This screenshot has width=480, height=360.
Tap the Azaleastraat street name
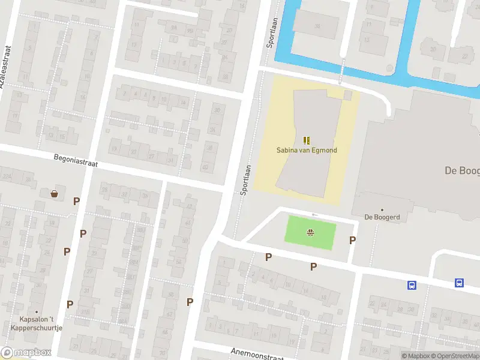7,67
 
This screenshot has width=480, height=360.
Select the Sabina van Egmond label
307,149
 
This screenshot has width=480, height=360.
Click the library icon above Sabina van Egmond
307,140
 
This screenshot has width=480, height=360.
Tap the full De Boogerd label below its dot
382,217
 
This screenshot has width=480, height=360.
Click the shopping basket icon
55,194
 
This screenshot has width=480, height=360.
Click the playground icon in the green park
311,233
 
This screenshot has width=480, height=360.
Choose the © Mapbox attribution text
414,356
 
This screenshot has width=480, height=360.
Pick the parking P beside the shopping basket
76,201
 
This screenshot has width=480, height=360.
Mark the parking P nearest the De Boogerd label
352,240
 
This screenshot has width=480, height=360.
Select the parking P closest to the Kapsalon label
70,304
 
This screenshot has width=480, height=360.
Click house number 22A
7,176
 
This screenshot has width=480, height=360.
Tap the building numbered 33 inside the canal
317,26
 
